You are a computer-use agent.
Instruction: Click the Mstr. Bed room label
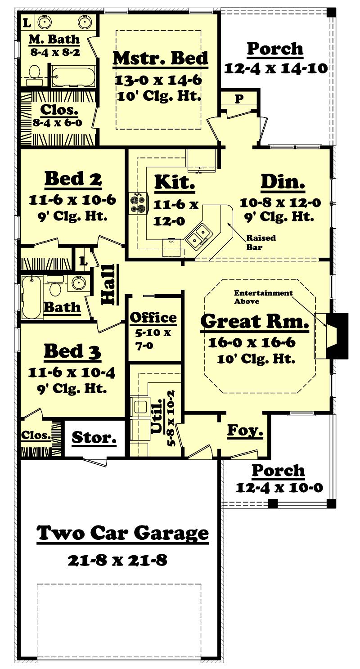click(160, 59)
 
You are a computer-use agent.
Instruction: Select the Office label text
click(153, 318)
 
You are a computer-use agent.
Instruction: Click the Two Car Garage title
click(122, 533)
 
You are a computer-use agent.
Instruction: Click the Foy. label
click(244, 431)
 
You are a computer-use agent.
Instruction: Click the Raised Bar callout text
click(261, 242)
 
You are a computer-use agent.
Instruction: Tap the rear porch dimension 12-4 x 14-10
click(275, 69)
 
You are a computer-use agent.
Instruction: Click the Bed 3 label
click(72, 352)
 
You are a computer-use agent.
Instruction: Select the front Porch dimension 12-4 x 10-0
click(279, 488)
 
